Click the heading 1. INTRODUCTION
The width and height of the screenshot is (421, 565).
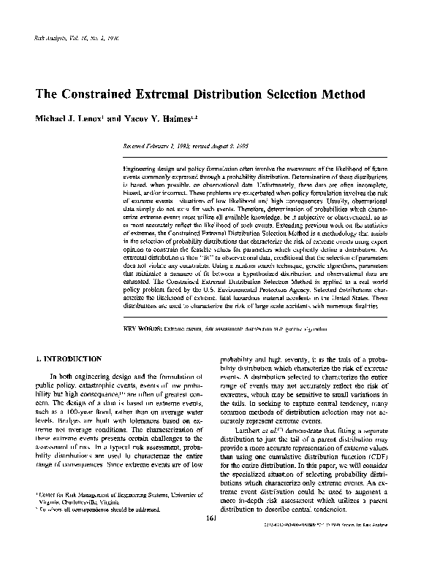point(69,360)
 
